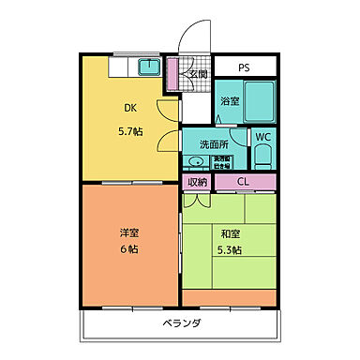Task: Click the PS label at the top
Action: [x=244, y=67]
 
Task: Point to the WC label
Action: [x=264, y=136]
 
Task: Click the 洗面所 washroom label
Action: [x=213, y=144]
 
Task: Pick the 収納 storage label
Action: [x=197, y=182]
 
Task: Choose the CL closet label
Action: [x=244, y=182]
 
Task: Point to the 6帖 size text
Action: [x=128, y=250]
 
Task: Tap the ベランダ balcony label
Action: [x=179, y=323]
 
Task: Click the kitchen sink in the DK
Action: [x=148, y=67]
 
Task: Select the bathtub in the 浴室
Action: [x=259, y=106]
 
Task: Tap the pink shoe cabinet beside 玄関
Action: [x=172, y=73]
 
